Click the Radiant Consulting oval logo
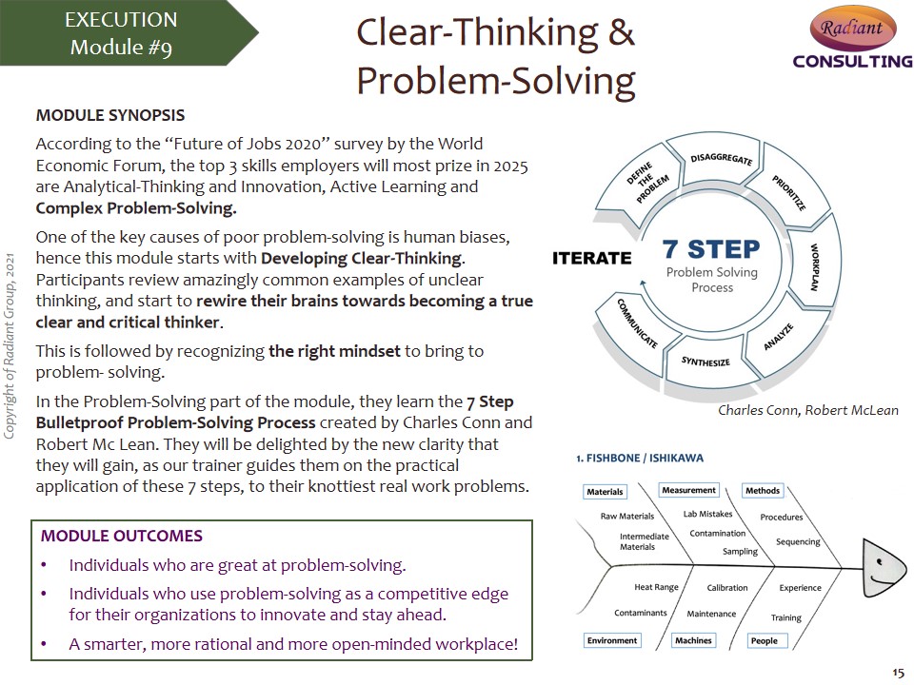point(853,28)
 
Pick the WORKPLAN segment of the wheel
point(814,262)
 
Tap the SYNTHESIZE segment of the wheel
point(707,362)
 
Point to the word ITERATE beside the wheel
point(591,258)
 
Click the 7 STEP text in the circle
point(711,248)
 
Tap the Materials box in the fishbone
point(606,492)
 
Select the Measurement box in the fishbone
point(688,490)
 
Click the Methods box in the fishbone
point(763,491)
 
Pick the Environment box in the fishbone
point(612,640)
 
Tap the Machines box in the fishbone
point(693,640)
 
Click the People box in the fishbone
point(765,640)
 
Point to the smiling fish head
point(884,568)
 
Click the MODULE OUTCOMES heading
point(121,536)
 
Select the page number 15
point(898,673)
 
